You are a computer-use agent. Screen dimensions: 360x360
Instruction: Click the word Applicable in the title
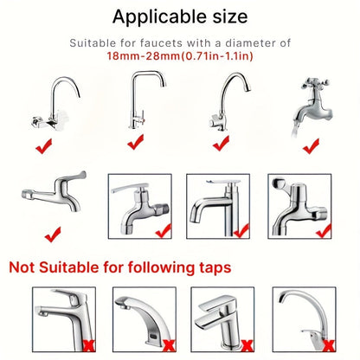[159, 17]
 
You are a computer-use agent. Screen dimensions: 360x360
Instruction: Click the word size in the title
[230, 16]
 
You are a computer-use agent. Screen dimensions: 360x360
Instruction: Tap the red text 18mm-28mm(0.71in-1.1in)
[180, 55]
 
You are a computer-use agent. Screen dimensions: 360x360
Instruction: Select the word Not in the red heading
[22, 267]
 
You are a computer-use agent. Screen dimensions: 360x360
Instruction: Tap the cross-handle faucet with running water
[312, 104]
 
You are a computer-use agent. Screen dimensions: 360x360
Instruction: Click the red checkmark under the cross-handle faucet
[311, 146]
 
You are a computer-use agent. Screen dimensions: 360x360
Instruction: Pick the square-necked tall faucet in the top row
[147, 100]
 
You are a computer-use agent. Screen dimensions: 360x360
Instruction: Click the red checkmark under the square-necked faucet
[135, 142]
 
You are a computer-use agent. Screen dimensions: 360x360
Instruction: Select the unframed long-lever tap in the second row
[55, 191]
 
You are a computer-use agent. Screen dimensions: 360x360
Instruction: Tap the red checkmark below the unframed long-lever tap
[53, 235]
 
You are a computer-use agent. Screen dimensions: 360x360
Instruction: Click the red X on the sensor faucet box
[170, 345]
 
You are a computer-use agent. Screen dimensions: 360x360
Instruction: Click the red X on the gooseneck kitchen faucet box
[329, 345]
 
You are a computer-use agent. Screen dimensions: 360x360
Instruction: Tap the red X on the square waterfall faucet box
[247, 345]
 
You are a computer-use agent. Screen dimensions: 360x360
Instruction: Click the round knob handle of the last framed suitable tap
[278, 183]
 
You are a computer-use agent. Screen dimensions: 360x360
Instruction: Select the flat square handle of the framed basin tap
[223, 182]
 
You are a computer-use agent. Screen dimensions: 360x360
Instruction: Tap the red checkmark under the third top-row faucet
[221, 144]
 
